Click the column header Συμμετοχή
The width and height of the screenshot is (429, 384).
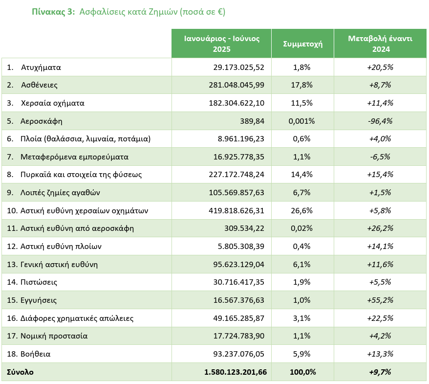[302, 44]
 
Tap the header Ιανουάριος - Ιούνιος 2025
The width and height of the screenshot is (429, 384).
[222, 44]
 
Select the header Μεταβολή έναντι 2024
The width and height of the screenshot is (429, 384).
[380, 44]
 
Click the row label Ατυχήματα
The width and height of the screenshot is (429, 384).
[41, 68]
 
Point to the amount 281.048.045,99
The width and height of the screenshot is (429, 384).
[236, 85]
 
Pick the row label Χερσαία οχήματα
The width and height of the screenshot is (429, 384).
[53, 103]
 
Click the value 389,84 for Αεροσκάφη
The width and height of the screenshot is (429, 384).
[252, 121]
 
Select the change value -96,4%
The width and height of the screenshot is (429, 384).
[380, 121]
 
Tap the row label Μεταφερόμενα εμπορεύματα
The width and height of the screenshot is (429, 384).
[74, 157]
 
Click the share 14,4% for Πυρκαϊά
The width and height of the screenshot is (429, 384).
[302, 175]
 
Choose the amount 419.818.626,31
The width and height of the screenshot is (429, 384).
[236, 211]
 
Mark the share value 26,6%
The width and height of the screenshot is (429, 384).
[302, 211]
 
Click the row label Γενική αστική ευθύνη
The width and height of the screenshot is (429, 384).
[59, 265]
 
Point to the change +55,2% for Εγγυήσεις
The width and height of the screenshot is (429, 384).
[380, 300]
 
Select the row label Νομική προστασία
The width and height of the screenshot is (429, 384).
[54, 336]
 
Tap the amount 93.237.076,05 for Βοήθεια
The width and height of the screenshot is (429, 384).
[239, 354]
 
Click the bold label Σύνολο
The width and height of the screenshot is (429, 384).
[20, 372]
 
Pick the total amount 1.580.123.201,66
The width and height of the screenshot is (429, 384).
[236, 372]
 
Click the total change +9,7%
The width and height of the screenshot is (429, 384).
[380, 372]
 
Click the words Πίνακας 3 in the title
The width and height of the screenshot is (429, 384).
[53, 12]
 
